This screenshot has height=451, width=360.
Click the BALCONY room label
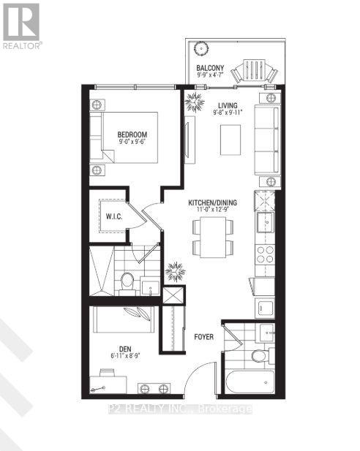(209, 69)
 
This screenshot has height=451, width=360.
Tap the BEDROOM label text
(132, 134)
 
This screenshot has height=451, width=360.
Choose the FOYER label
(204, 338)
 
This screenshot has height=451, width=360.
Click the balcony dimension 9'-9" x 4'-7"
(209, 77)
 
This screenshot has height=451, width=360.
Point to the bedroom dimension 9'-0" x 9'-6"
(132, 143)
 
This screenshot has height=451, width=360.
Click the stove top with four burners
(264, 254)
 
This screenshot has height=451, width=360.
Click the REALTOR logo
(21, 26)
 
